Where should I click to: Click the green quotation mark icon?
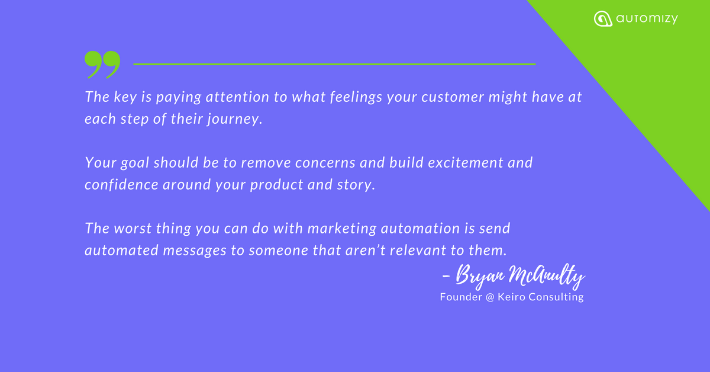pos(102,65)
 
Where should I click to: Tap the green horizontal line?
pos(334,64)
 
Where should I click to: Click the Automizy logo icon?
pos(603,19)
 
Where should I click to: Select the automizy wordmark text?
pos(647,19)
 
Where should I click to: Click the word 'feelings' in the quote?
pos(356,97)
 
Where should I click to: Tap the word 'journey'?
pos(233,119)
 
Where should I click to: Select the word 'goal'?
pos(135,163)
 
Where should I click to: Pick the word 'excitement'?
pos(465,163)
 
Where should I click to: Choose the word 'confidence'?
pos(121,185)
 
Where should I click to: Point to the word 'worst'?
pos(133,229)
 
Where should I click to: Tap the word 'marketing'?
pos(342,229)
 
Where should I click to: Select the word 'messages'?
pos(195,251)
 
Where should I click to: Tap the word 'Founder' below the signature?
pos(461,297)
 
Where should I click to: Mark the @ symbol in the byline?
pos(490,297)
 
